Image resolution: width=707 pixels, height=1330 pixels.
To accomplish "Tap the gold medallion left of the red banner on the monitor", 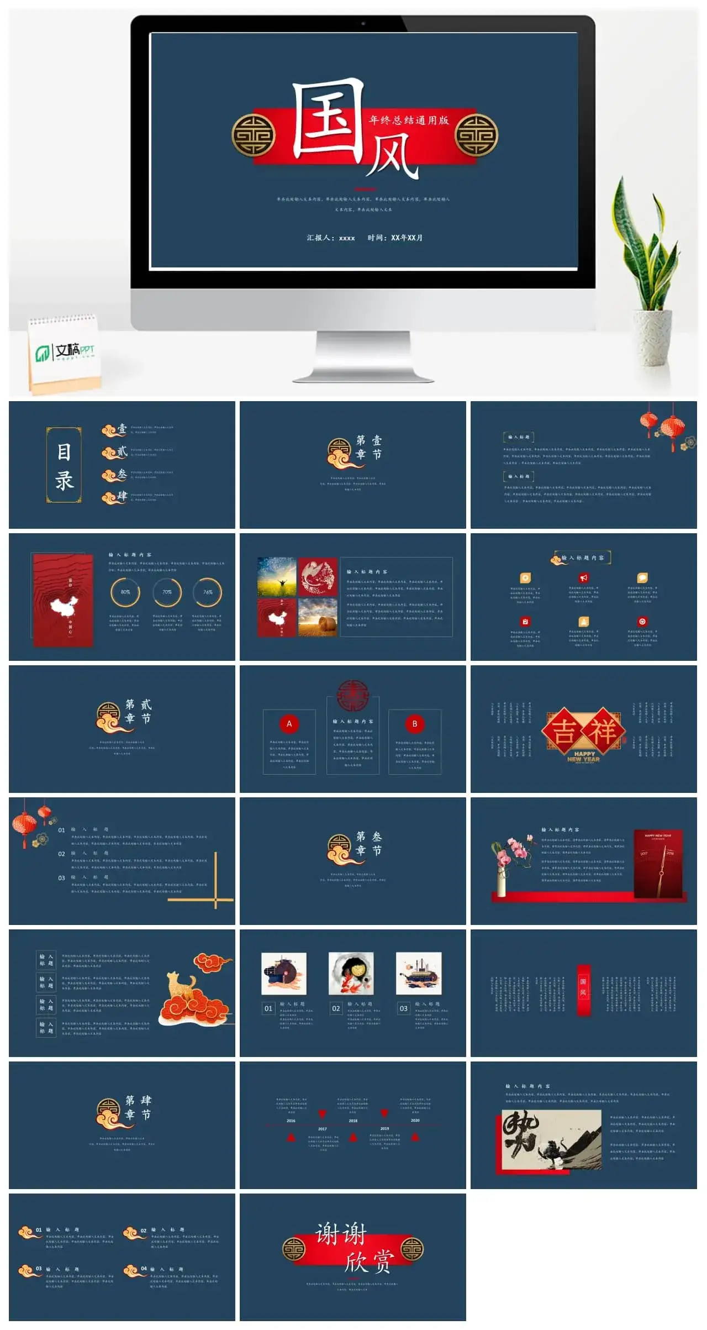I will [253, 135].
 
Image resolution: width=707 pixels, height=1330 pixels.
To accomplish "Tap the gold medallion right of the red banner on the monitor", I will [476, 135].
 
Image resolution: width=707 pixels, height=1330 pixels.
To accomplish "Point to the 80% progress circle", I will [125, 592].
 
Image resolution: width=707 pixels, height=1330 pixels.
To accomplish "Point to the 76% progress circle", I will [208, 592].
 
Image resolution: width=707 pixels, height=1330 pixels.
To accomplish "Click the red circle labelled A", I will [289, 724].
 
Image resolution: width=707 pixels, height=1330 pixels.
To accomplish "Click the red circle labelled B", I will [414, 724].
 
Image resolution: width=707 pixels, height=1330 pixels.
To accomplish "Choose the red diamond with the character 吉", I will [564, 731].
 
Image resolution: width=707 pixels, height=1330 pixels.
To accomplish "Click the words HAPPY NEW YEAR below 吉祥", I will [584, 756].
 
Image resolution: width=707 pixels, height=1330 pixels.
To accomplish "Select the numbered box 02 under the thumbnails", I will [336, 1008].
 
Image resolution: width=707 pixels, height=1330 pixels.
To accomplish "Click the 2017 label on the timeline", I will [323, 1129].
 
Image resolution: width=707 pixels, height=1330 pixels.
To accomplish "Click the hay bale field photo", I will [318, 617].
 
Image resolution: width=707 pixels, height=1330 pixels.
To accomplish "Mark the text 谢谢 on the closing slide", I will [341, 1234].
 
